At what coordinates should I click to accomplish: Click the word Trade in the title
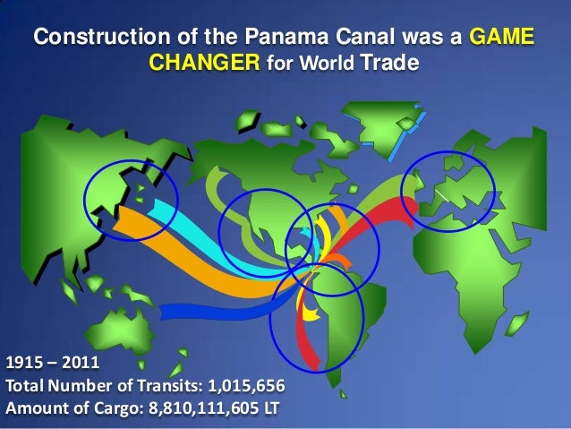point(388,65)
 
